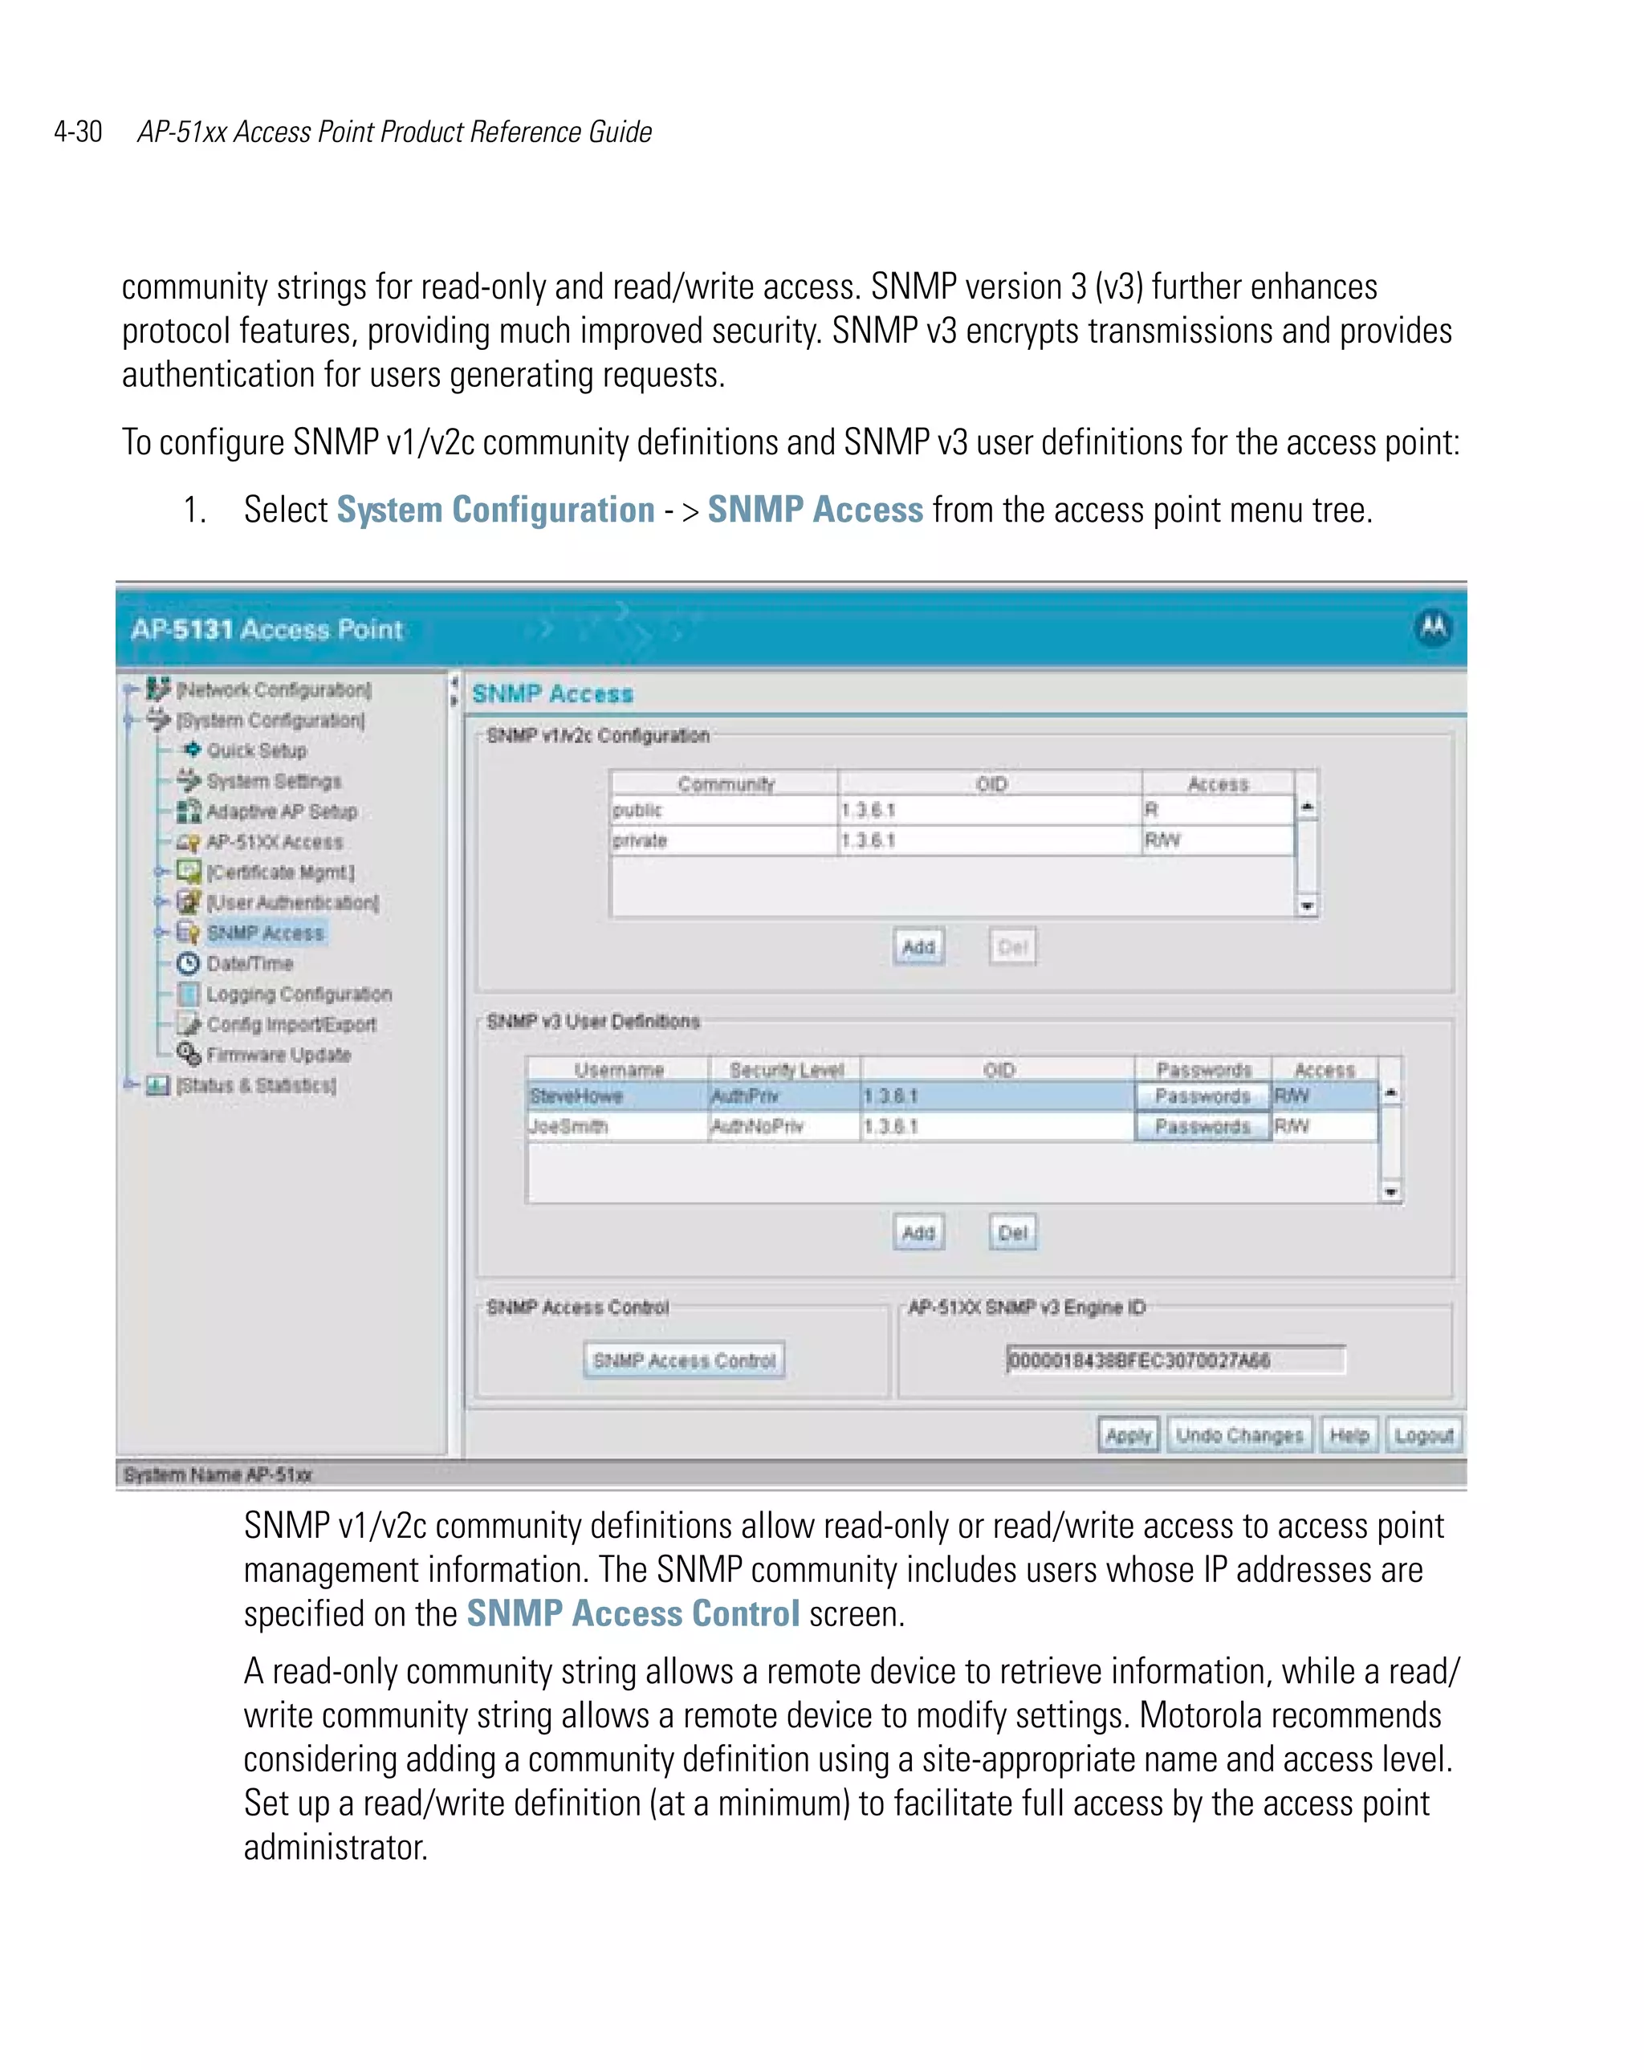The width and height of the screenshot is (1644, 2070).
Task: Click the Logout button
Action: tap(1423, 1435)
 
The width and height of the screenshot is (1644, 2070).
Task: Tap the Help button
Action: tap(1349, 1435)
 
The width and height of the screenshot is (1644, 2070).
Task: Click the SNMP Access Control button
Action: tap(684, 1360)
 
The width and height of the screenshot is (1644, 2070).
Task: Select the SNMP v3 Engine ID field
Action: tap(1175, 1360)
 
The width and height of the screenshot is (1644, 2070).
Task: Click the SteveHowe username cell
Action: tap(615, 1096)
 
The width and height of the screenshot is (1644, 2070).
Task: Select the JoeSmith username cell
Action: tap(615, 1126)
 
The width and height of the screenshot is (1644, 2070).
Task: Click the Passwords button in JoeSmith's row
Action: tap(1202, 1126)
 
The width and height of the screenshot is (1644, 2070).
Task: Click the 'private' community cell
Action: tap(722, 840)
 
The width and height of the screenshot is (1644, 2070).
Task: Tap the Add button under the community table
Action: tap(918, 946)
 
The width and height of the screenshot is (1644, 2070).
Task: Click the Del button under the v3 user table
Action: tap(1012, 1233)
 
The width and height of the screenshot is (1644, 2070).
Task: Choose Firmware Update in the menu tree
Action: tap(279, 1054)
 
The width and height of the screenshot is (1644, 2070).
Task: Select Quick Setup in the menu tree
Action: tap(256, 750)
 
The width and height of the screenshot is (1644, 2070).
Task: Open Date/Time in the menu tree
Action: tap(250, 963)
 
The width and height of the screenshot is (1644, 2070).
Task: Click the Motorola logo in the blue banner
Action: tap(1433, 628)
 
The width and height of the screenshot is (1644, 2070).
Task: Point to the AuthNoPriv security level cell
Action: tap(782, 1126)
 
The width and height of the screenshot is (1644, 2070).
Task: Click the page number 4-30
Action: tap(78, 132)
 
